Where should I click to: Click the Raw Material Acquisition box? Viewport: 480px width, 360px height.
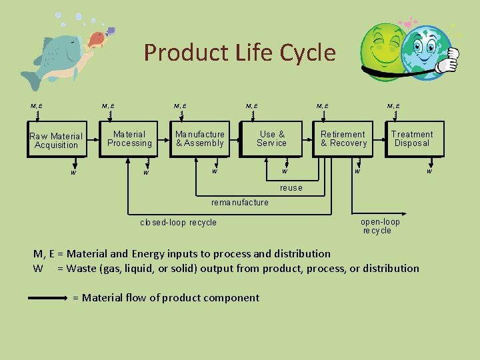click(56, 140)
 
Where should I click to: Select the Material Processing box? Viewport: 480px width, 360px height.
click(129, 139)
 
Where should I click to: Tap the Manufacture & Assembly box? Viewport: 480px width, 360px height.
click(200, 139)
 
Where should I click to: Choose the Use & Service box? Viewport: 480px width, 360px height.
click(271, 139)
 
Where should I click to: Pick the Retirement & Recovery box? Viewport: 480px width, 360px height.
click(343, 139)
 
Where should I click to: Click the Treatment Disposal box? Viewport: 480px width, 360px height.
click(411, 139)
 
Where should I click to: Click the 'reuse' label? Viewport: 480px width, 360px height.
click(291, 188)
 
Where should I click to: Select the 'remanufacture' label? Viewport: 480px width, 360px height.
click(239, 202)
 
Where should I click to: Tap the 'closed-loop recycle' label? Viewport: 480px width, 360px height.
click(178, 223)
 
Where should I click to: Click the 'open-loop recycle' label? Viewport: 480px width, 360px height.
click(379, 226)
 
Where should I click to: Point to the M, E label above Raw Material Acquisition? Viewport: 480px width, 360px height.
click(37, 105)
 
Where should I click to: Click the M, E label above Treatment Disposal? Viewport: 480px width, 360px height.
click(393, 105)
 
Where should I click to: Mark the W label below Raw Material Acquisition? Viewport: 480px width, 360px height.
click(74, 173)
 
